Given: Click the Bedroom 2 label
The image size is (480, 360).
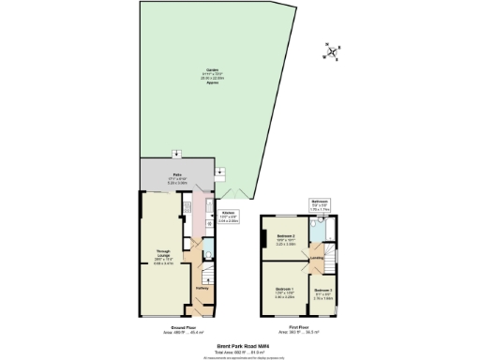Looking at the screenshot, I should click(x=287, y=238).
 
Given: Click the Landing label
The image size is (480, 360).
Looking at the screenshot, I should click(x=318, y=257).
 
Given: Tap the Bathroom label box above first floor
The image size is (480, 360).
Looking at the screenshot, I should click(x=319, y=204).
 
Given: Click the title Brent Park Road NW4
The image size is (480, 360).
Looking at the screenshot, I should click(x=240, y=345).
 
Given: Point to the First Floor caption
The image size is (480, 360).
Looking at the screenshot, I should click(x=299, y=327).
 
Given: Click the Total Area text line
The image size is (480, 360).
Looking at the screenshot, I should click(x=240, y=351).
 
